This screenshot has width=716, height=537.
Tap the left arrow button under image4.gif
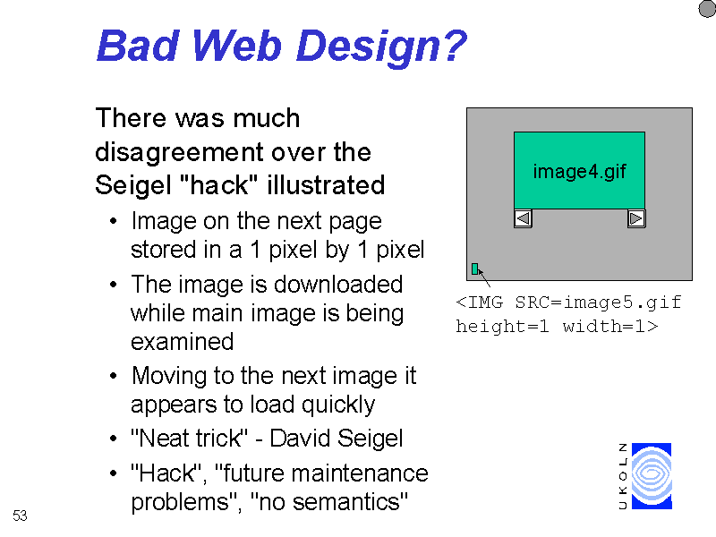coord(523,218)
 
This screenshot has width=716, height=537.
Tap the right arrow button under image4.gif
coord(636,218)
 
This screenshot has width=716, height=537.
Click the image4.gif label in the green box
coord(579,172)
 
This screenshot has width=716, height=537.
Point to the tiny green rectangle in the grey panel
coord(475,269)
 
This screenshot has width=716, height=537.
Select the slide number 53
coord(20,516)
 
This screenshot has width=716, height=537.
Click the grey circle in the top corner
coord(707,9)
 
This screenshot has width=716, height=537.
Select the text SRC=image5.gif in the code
coord(598,303)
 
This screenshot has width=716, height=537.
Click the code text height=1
coord(502,326)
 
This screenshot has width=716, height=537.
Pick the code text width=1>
coord(610,326)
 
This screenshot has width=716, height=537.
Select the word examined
coord(183,342)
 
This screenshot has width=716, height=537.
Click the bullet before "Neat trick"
coord(114,439)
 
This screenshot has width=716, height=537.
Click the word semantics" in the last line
coord(350,502)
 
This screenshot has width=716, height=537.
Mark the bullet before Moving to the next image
coord(114,376)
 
